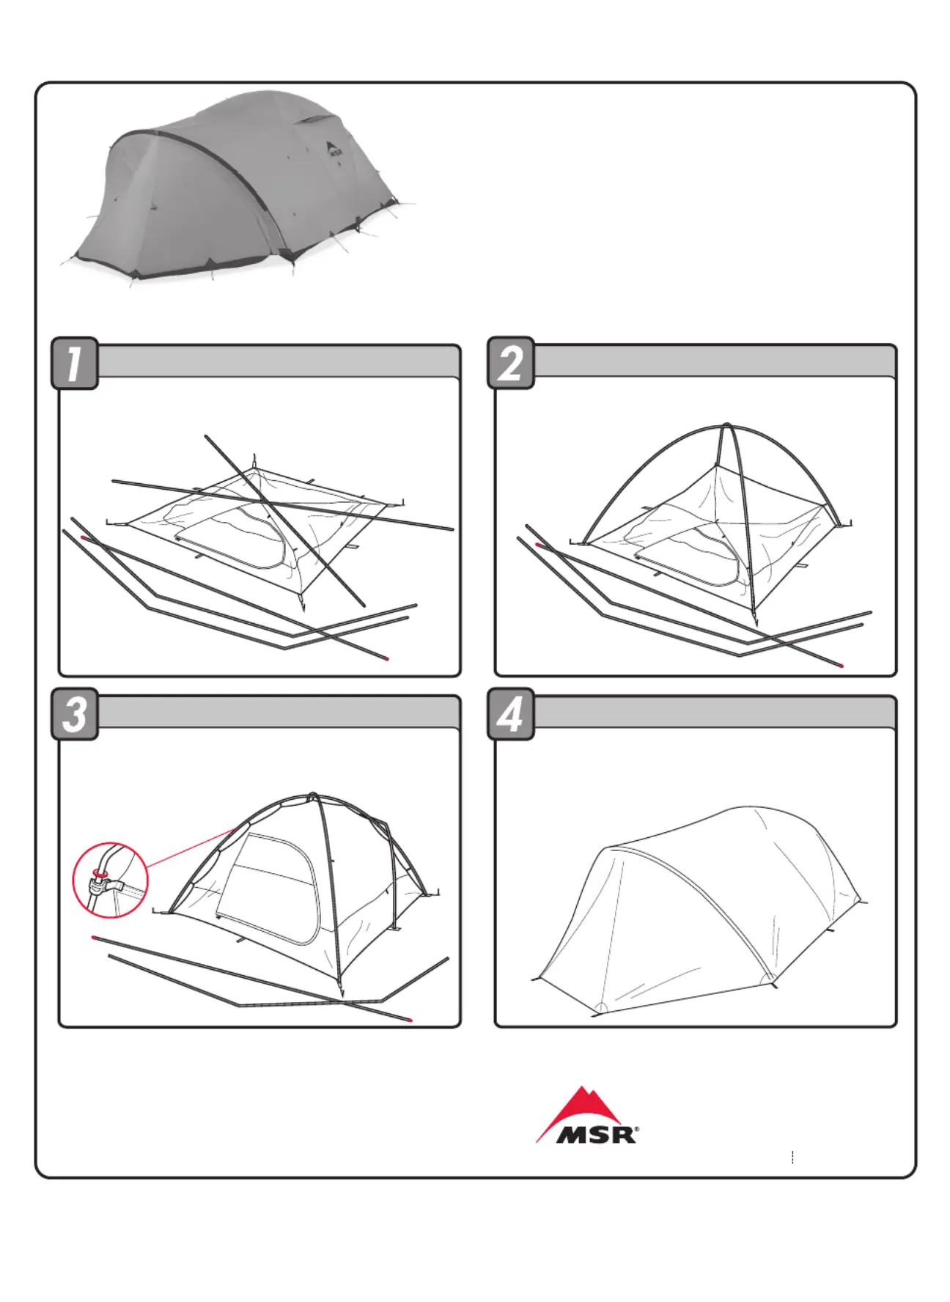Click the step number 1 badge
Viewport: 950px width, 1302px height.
(74, 363)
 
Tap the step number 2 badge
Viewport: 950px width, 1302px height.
(511, 363)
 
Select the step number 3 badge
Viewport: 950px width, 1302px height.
(74, 714)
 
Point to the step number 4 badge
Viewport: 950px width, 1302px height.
(511, 714)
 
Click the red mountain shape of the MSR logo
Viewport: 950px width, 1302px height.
(579, 1108)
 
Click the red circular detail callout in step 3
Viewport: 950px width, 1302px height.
(110, 880)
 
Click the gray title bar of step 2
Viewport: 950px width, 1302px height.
(715, 361)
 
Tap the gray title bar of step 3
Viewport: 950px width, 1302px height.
(279, 712)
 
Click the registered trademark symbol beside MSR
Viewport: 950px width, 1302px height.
(636, 1130)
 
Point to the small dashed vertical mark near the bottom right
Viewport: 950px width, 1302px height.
(792, 1158)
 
